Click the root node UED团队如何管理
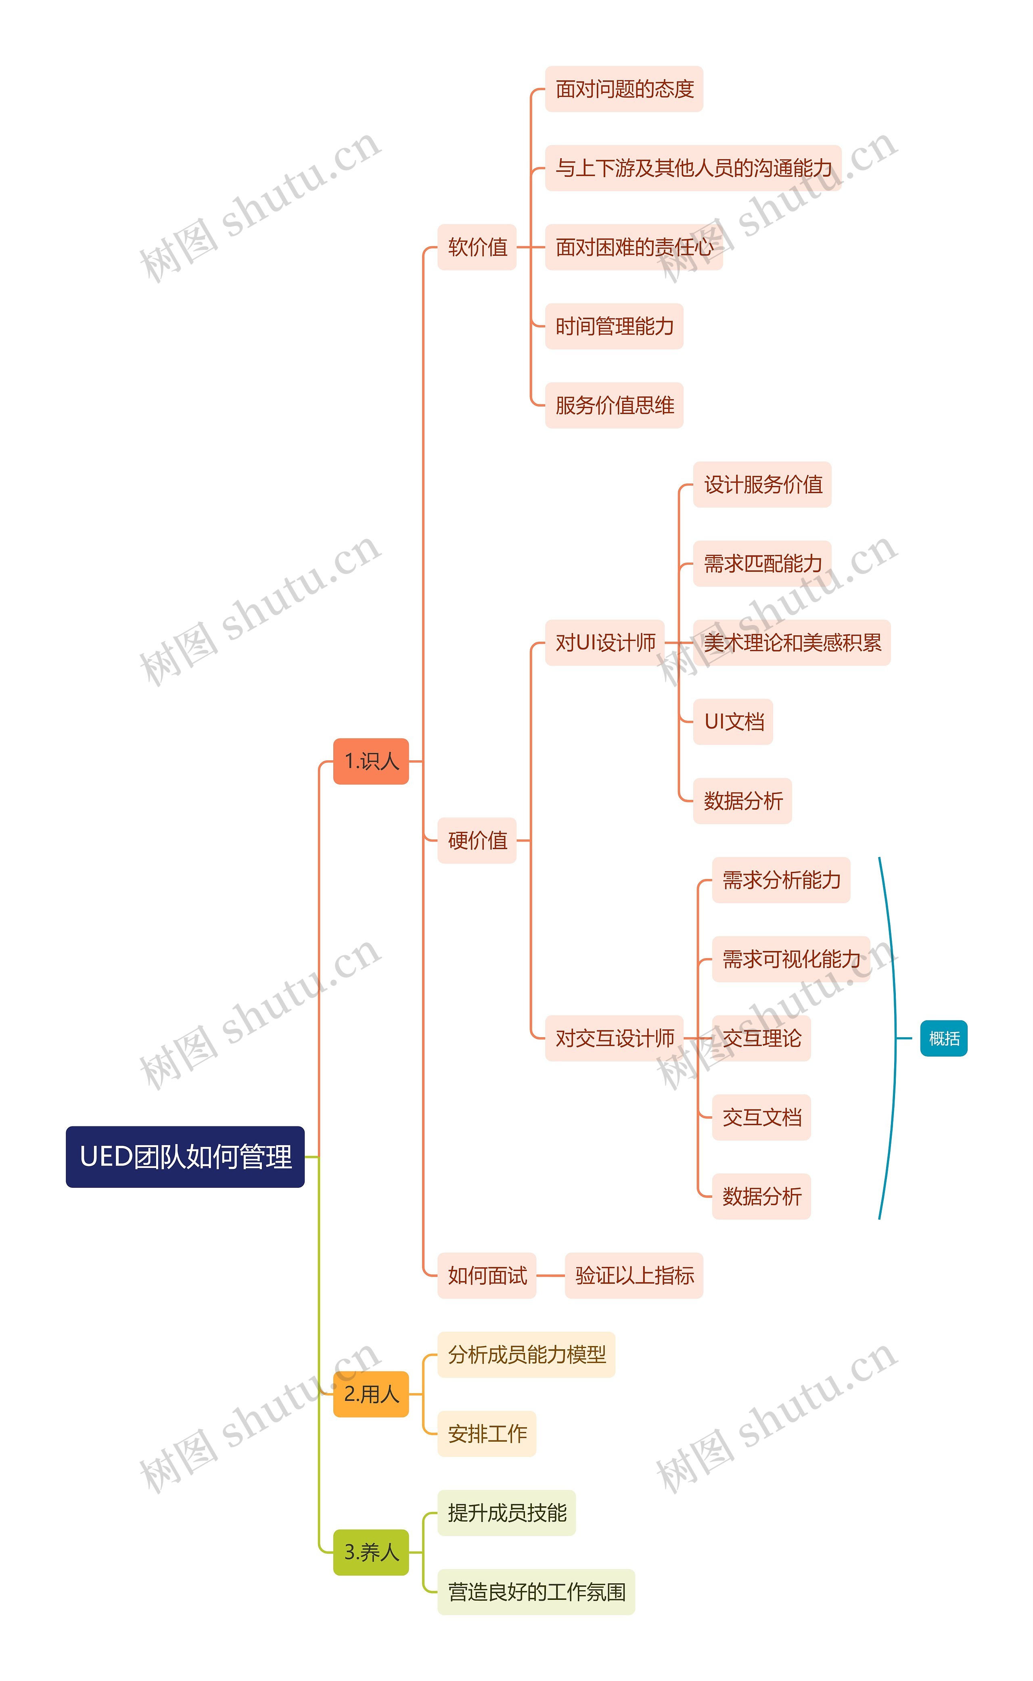[185, 1156]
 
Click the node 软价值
[477, 247]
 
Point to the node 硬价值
[477, 840]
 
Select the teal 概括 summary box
[943, 1038]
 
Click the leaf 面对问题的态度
[624, 89]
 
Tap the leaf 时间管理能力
[614, 326]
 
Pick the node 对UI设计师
[604, 643]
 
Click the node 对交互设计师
[614, 1038]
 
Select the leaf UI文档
[733, 722]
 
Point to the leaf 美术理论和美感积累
[792, 643]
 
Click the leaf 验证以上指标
[634, 1275]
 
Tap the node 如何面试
[487, 1275]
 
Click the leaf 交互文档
[762, 1117]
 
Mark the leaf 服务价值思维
[614, 405]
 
